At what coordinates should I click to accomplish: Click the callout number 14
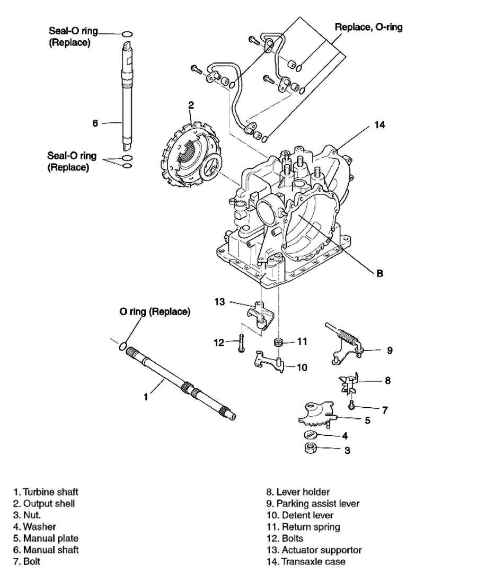coord(379,125)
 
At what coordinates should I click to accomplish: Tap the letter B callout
coord(379,274)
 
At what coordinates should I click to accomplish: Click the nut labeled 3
coord(310,448)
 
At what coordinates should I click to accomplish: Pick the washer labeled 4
coord(310,435)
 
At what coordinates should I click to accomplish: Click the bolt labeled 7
coord(351,405)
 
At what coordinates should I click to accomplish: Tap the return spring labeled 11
coord(278,342)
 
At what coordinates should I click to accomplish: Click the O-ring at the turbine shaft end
coord(123,347)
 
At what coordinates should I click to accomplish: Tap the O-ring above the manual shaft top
coord(127,34)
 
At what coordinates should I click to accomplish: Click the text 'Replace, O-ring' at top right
coord(368,27)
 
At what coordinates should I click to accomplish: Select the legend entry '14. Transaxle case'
coord(306,561)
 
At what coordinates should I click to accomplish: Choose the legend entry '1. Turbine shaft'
coord(46,492)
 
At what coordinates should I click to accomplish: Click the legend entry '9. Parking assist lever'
coord(313,503)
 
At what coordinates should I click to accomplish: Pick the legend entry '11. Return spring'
coord(303,527)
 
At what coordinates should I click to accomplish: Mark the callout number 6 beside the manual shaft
coord(95,123)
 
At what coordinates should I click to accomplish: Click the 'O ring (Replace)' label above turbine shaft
coord(155,311)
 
